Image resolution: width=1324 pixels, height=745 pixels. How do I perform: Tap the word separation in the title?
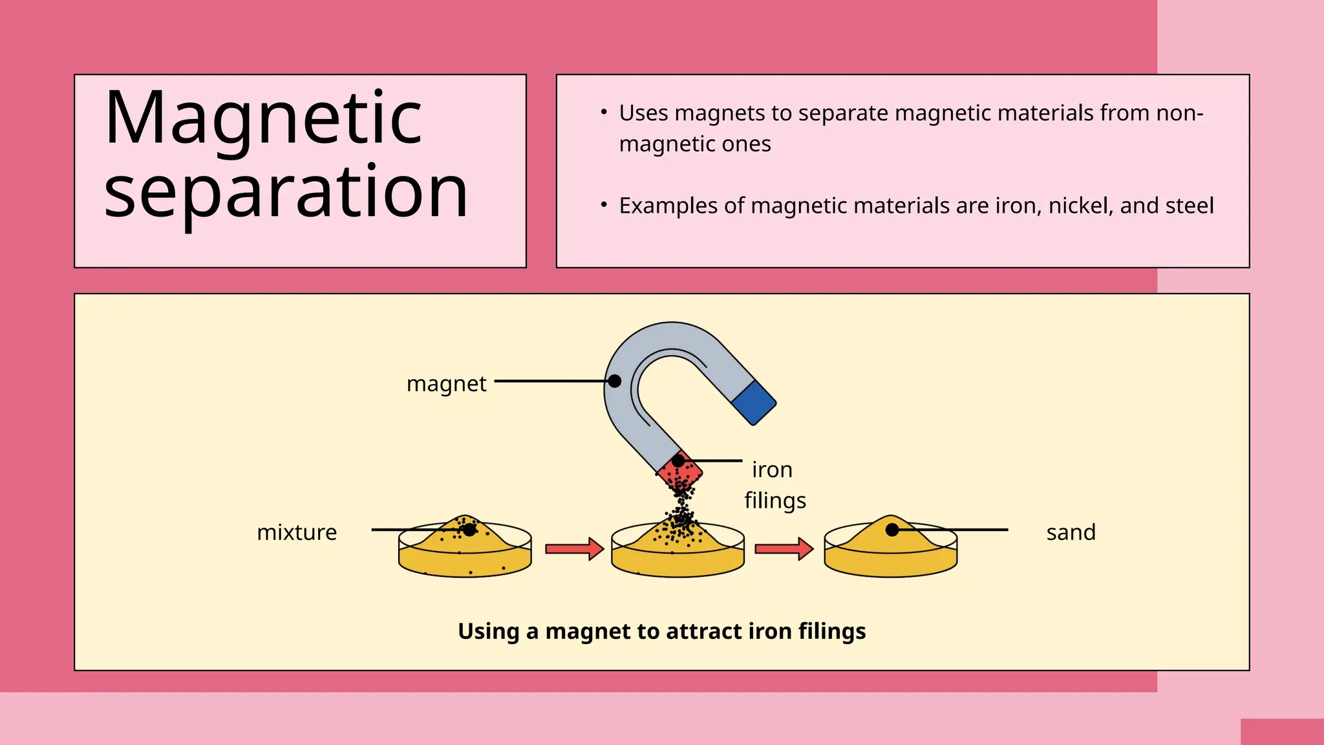pyautogui.click(x=286, y=191)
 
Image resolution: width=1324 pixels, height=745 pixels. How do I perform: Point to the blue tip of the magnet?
pyautogui.click(x=754, y=402)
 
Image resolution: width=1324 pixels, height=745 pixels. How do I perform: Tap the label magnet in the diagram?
pyautogui.click(x=446, y=383)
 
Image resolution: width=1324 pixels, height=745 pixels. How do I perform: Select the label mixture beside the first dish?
pyautogui.click(x=297, y=532)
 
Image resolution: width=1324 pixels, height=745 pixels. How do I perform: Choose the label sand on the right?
pyautogui.click(x=1071, y=532)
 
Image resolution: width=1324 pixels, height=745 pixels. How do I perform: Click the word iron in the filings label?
pyautogui.click(x=772, y=470)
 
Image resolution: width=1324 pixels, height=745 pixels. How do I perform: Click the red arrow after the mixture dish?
pyautogui.click(x=573, y=549)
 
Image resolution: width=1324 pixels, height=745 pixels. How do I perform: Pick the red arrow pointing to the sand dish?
pyautogui.click(x=784, y=549)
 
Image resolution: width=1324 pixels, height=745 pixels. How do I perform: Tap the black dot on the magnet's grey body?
pyautogui.click(x=615, y=381)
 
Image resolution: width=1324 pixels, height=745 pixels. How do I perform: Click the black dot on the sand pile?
pyautogui.click(x=892, y=530)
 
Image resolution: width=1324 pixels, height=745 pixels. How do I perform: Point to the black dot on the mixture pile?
pyautogui.click(x=470, y=530)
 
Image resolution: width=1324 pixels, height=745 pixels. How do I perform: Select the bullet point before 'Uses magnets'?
pyautogui.click(x=603, y=113)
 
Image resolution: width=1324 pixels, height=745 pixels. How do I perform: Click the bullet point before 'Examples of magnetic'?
pyautogui.click(x=603, y=205)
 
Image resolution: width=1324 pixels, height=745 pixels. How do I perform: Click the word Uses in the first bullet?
pyautogui.click(x=643, y=113)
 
